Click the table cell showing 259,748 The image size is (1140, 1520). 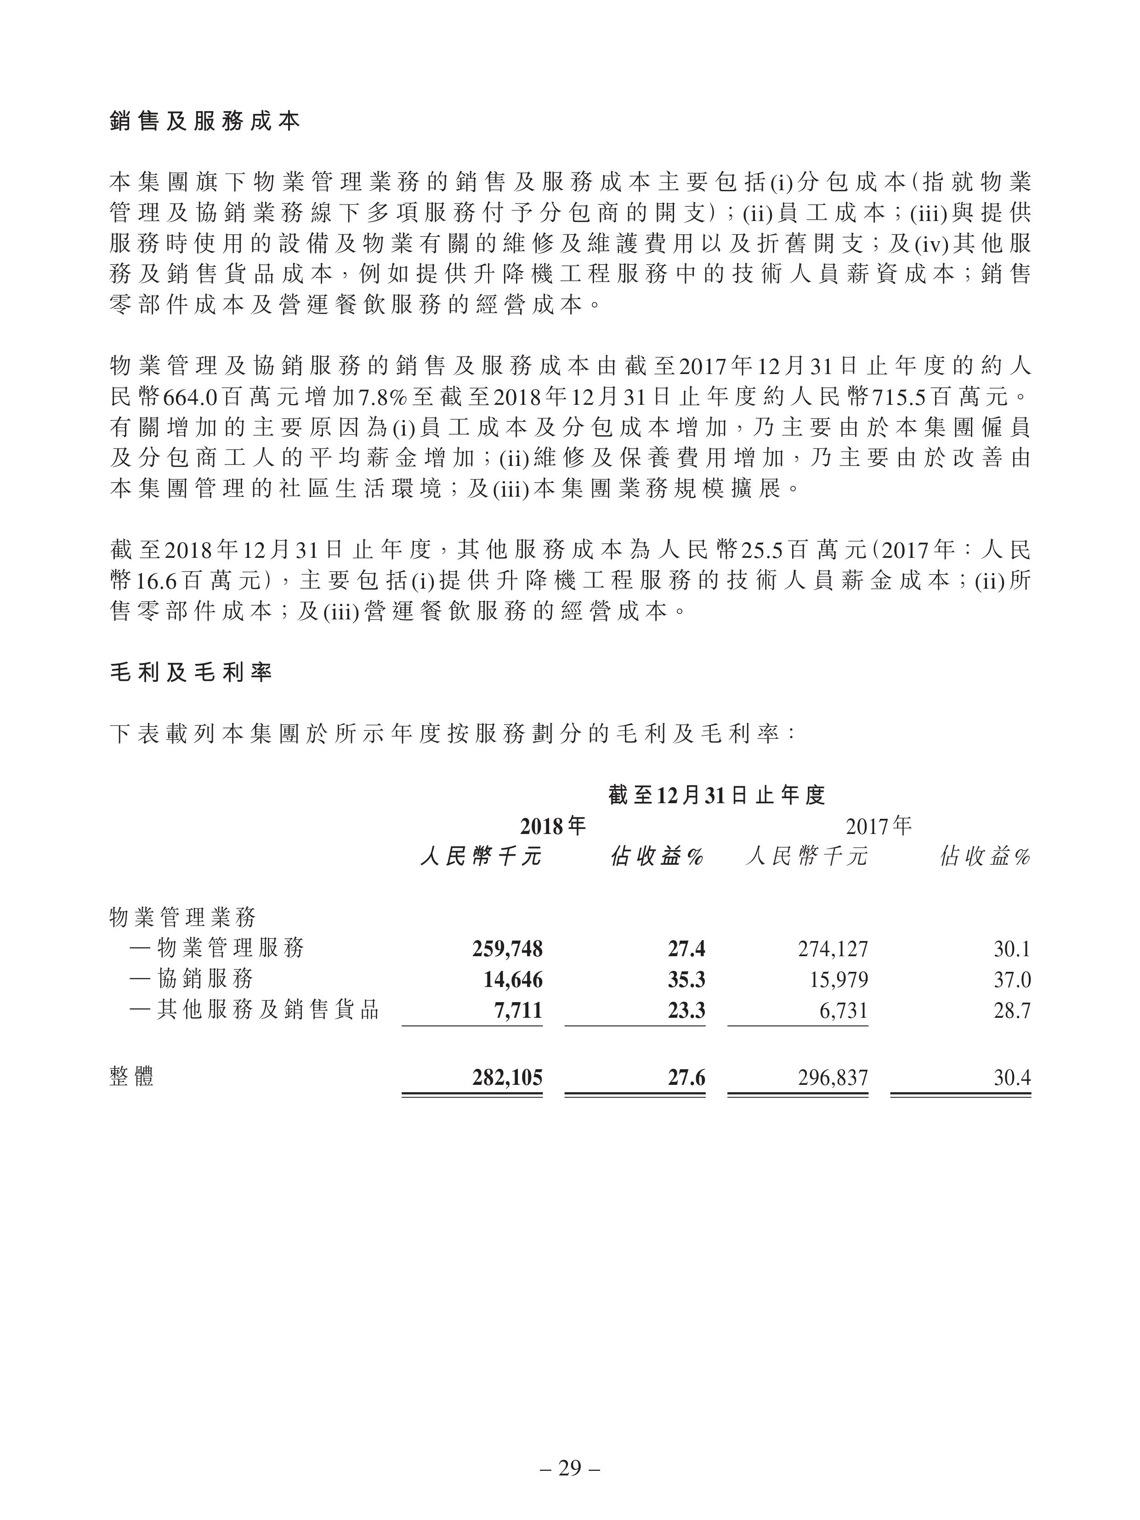[x=507, y=949]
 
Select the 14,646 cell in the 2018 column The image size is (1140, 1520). [x=513, y=979]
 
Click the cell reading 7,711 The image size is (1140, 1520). [x=519, y=1010]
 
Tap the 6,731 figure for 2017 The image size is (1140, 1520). [x=845, y=1010]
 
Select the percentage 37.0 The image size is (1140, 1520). [x=1012, y=979]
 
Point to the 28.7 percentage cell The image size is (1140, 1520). [x=1012, y=1010]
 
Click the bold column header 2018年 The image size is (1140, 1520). [x=553, y=825]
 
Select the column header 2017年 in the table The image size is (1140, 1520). [x=879, y=825]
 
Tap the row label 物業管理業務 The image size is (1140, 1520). [x=183, y=917]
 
